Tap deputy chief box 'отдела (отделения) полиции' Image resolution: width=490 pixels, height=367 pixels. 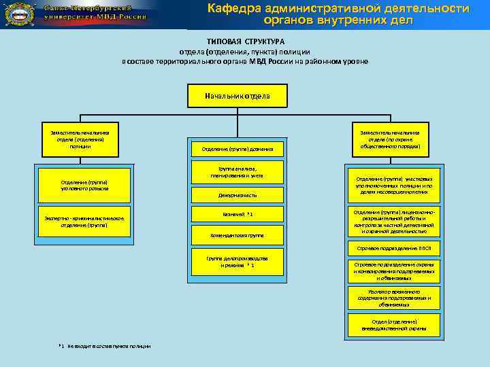(x=80, y=139)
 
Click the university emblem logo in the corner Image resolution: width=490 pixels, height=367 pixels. (x=18, y=14)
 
